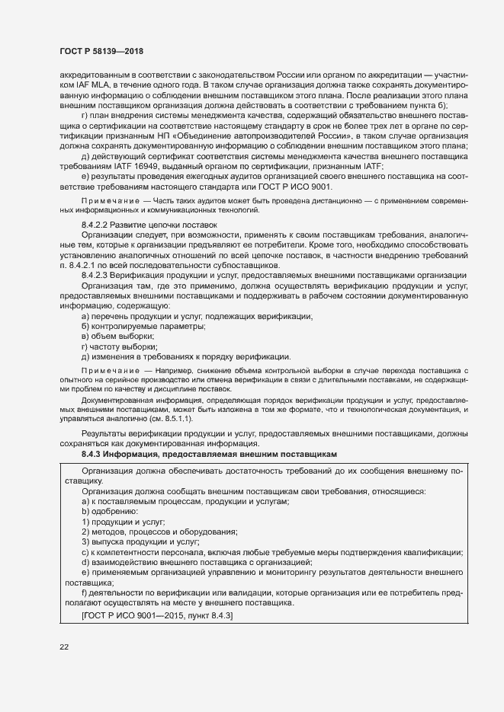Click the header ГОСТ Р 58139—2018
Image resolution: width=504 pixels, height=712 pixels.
[101, 51]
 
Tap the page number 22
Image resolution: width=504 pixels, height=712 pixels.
[65, 647]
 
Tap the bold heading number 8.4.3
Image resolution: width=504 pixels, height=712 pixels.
[93, 453]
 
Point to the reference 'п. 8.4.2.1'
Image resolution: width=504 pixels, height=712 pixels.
[82, 265]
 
